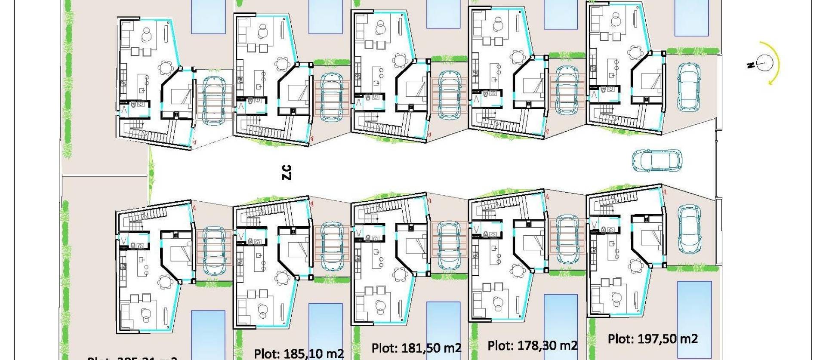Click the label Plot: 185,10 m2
(299, 354)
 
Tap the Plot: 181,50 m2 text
(416, 348)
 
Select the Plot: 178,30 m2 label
(532, 345)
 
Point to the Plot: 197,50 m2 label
(652, 339)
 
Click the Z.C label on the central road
(287, 172)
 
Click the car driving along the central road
(656, 160)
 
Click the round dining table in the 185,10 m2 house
(282, 276)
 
